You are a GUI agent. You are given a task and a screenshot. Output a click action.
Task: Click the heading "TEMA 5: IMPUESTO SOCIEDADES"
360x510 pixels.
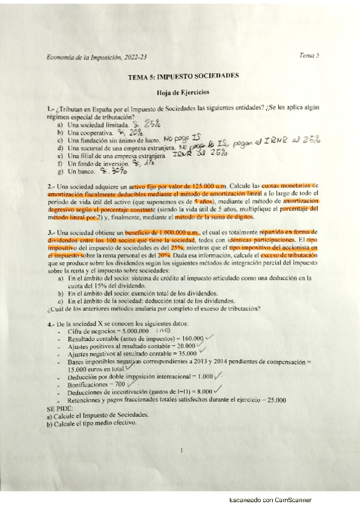183,76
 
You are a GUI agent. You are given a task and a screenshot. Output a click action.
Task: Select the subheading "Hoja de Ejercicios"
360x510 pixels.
183,93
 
